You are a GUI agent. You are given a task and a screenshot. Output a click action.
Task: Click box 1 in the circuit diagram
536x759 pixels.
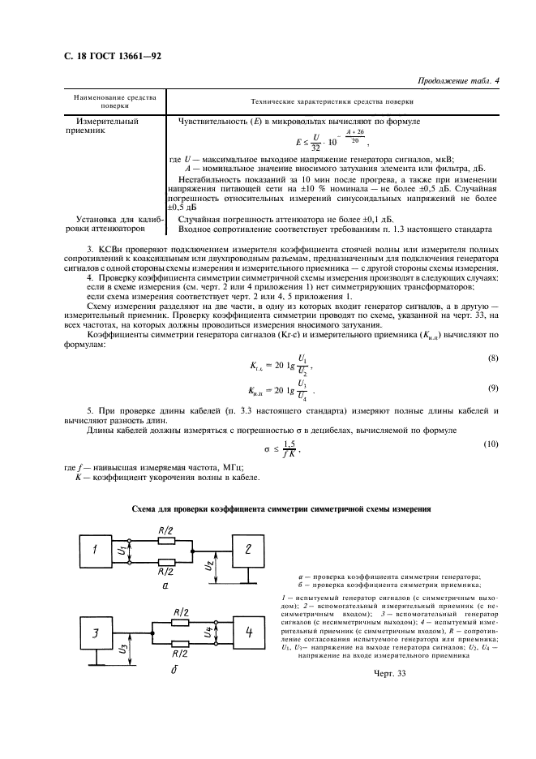point(93,551)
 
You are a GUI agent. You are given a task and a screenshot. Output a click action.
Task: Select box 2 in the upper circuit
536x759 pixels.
point(247,548)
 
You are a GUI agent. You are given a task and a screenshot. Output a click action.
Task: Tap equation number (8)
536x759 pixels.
point(491,358)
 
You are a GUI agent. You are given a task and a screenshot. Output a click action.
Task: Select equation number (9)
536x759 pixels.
point(491,388)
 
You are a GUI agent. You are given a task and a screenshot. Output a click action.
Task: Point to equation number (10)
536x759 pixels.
point(489,444)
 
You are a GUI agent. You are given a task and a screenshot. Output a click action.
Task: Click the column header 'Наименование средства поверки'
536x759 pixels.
point(109,101)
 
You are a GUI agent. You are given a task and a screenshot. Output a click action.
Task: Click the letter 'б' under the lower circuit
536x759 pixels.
point(164,670)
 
